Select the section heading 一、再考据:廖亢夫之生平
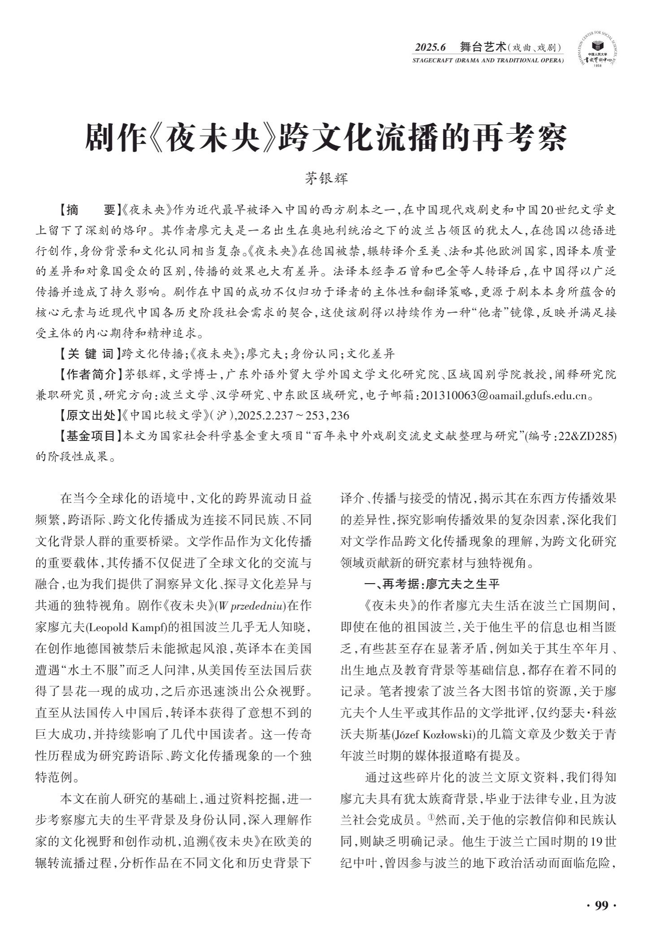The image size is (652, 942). [432, 584]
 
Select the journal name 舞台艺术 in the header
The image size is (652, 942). [482, 47]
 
